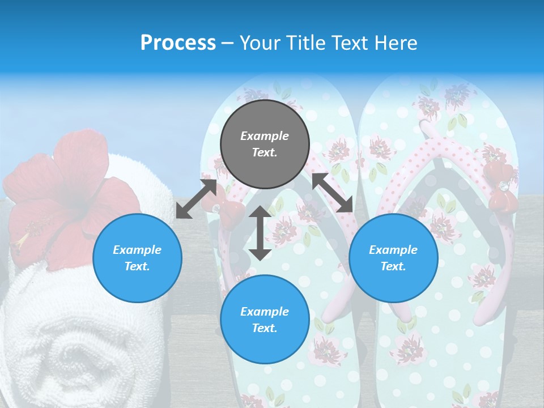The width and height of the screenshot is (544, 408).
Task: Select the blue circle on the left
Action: pyautogui.click(x=137, y=258)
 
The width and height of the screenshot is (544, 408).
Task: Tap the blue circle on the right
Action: pyautogui.click(x=393, y=258)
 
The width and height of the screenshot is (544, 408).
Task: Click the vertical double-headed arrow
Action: pyautogui.click(x=260, y=233)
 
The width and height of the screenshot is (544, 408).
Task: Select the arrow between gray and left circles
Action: pyautogui.click(x=196, y=198)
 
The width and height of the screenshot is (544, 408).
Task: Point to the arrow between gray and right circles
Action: pyautogui.click(x=333, y=193)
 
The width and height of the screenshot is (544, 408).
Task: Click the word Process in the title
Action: pyautogui.click(x=178, y=43)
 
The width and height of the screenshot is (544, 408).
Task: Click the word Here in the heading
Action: pyautogui.click(x=396, y=43)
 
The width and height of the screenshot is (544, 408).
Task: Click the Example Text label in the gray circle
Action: pyautogui.click(x=265, y=144)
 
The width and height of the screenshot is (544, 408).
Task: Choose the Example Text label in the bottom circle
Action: pyautogui.click(x=265, y=320)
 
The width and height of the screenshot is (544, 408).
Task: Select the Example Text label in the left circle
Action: pyautogui.click(x=137, y=258)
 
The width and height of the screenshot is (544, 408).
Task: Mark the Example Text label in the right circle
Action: pyautogui.click(x=393, y=258)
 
